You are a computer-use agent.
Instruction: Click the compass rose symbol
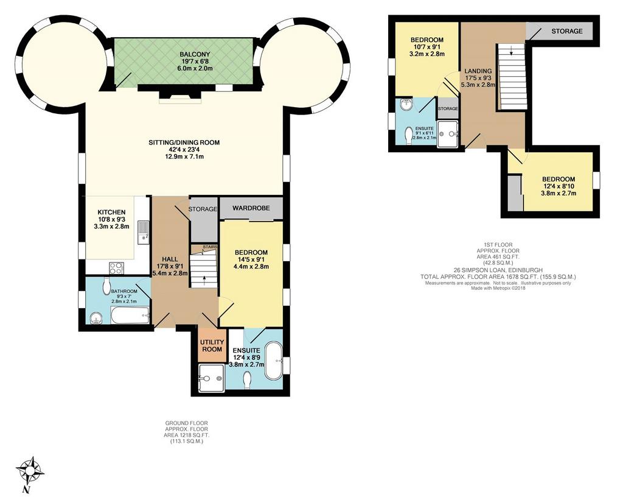point(30,471)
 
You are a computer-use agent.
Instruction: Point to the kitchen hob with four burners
point(116,267)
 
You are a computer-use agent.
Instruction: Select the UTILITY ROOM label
point(212,345)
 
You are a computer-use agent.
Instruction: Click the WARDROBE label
point(251,208)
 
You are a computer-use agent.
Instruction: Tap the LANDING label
point(478,71)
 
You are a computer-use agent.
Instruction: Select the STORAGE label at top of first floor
point(567,31)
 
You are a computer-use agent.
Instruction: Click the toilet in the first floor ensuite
point(409,136)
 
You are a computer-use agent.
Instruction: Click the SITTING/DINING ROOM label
point(184,142)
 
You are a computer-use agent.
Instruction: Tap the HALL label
point(170,259)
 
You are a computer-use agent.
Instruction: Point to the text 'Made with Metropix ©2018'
point(498,288)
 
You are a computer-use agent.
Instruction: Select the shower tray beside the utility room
point(211,378)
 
